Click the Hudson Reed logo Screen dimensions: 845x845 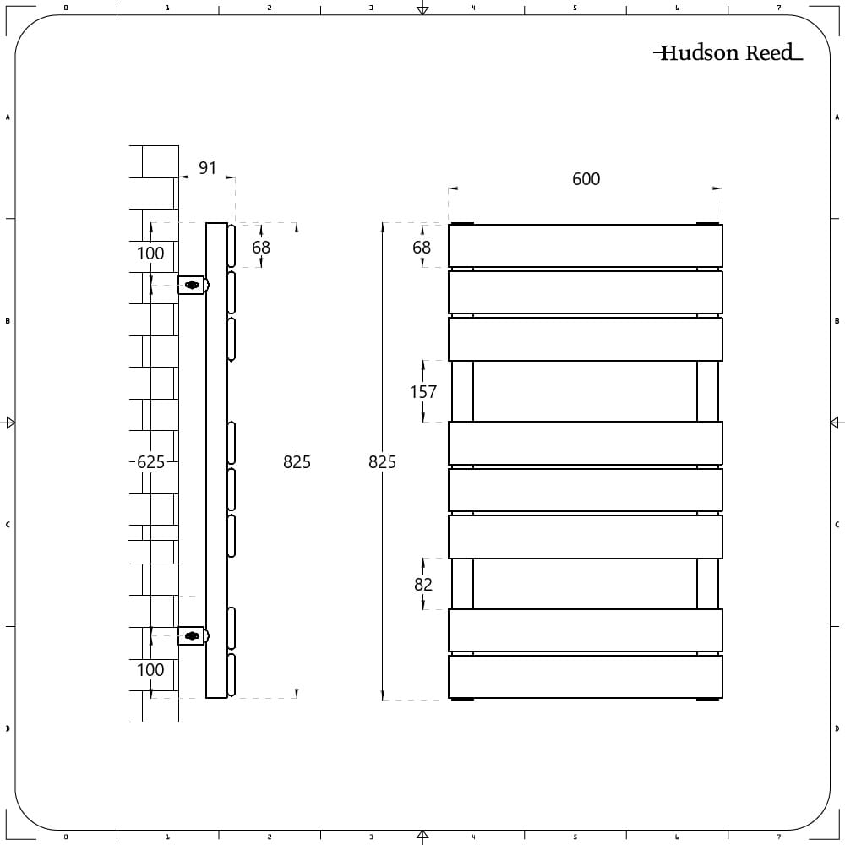pyautogui.click(x=728, y=52)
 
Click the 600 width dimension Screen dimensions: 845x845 pyautogui.click(x=586, y=179)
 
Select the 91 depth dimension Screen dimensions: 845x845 pyautogui.click(x=208, y=168)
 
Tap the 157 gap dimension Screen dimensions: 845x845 pyautogui.click(x=423, y=392)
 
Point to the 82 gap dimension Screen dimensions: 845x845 pyautogui.click(x=423, y=584)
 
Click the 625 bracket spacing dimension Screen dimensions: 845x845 pyautogui.click(x=150, y=462)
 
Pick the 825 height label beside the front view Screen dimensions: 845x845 pyautogui.click(x=382, y=462)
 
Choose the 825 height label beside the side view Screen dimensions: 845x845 pyautogui.click(x=297, y=462)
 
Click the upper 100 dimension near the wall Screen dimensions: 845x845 pyautogui.click(x=150, y=253)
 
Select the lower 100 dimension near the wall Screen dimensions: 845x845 pyautogui.click(x=150, y=670)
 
